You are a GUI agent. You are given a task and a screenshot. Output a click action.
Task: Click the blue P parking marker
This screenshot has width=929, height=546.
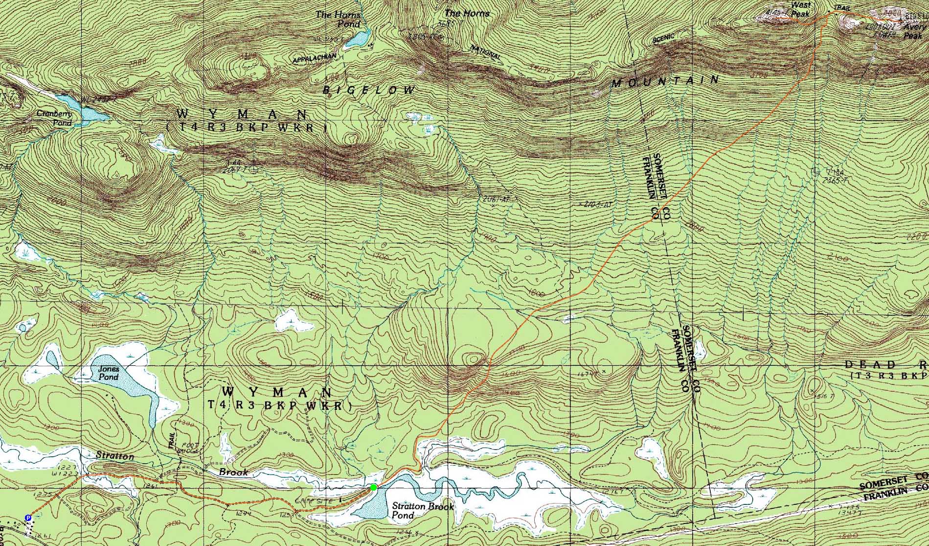28,518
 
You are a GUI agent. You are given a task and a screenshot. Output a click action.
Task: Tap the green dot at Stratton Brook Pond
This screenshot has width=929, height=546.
374,487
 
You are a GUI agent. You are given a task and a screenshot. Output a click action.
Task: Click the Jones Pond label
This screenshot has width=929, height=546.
108,373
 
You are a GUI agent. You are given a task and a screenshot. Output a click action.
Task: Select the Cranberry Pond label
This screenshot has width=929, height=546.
54,118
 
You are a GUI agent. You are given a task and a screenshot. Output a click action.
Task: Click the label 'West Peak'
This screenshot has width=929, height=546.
800,9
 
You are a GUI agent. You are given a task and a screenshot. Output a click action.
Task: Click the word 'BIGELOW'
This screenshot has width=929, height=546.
370,90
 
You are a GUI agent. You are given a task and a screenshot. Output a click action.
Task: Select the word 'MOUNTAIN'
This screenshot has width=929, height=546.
666,81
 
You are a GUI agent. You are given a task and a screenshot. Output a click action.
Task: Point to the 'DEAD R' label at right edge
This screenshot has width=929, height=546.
885,365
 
